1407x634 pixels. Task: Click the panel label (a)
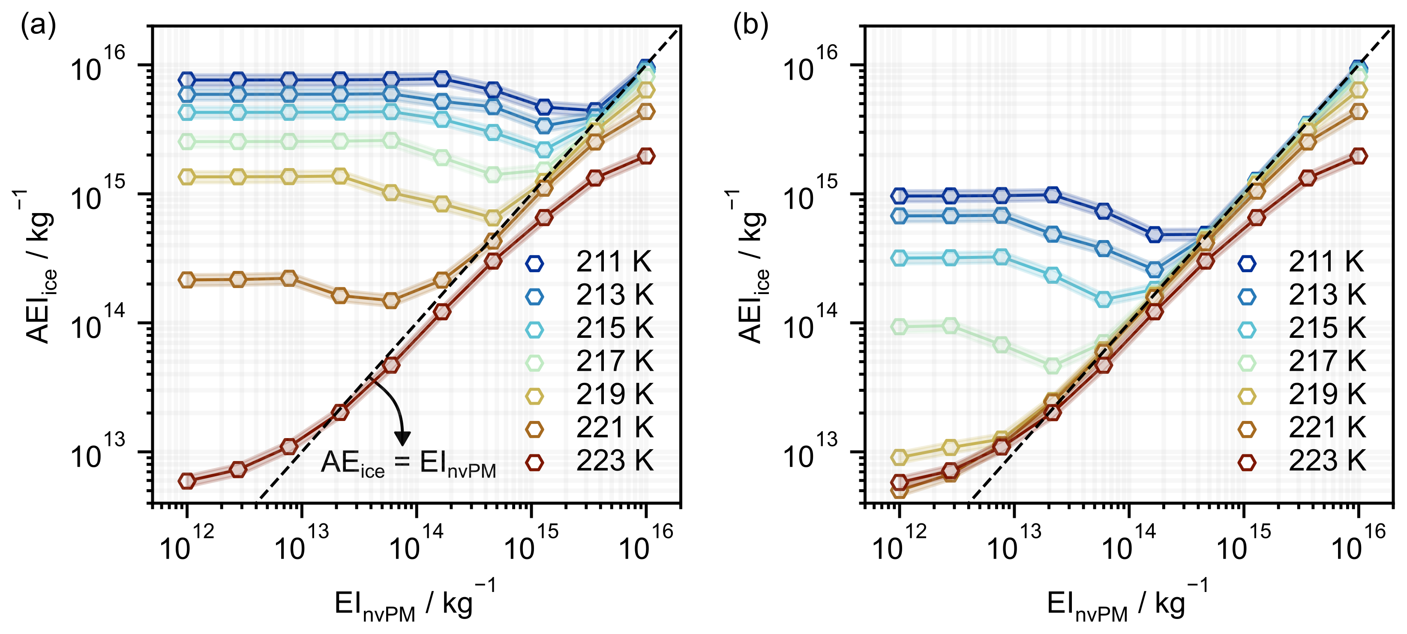click(38, 26)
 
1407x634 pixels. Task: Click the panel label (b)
click(750, 26)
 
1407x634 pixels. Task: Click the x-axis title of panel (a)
click(415, 604)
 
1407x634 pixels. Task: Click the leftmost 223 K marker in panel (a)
click(187, 481)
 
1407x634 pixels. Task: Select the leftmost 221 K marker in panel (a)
click(187, 280)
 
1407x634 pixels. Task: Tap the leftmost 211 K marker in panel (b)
click(900, 195)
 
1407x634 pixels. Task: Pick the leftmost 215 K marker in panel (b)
click(900, 258)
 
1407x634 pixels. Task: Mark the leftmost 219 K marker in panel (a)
click(187, 177)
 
